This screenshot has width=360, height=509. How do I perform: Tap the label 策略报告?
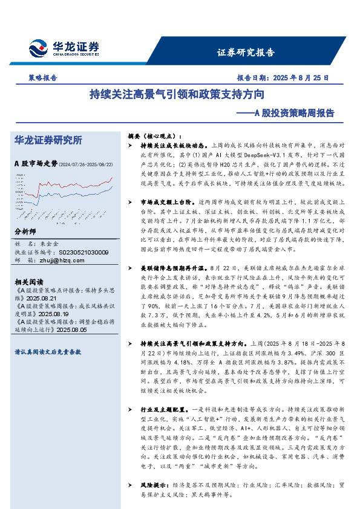tap(43, 78)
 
